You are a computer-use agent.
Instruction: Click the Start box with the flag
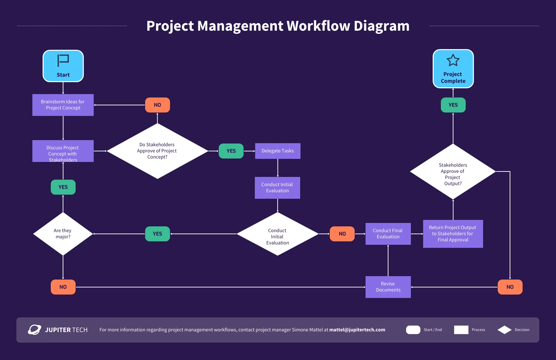click(63, 66)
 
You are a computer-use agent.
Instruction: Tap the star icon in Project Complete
click(453, 61)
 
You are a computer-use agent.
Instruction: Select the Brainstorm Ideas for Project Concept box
click(63, 105)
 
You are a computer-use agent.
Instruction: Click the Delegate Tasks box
click(278, 151)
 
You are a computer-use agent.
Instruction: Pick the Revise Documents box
click(388, 287)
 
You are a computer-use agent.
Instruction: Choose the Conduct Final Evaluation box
click(388, 234)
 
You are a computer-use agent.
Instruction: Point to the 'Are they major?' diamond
click(63, 234)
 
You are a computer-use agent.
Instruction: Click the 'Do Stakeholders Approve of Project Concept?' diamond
click(157, 151)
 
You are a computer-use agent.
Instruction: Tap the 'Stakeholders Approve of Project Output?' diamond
click(453, 172)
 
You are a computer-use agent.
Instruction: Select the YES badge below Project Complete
click(453, 105)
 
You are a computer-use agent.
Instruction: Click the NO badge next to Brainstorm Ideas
click(157, 105)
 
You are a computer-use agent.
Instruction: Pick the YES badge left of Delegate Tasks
click(231, 151)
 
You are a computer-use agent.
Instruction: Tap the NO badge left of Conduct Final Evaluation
click(342, 234)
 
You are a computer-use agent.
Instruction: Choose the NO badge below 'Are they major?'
click(63, 287)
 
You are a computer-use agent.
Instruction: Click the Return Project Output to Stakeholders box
click(453, 234)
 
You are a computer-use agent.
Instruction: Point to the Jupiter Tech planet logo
click(34, 330)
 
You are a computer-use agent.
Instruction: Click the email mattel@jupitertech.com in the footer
click(357, 330)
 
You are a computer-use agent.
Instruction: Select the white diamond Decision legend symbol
click(505, 330)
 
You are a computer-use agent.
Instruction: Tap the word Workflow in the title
click(318, 26)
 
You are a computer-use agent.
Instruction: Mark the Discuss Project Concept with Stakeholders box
click(63, 151)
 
